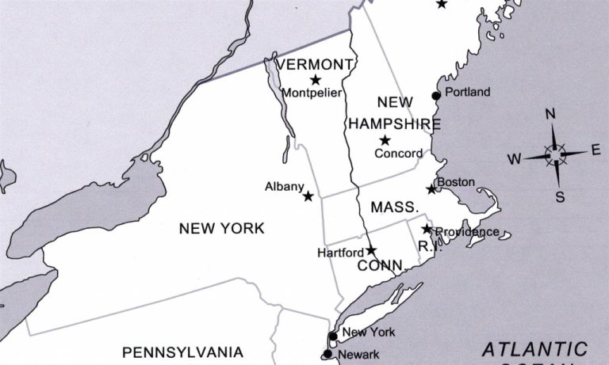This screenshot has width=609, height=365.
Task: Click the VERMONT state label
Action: pyautogui.click(x=314, y=64)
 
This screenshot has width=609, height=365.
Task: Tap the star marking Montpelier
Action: pyautogui.click(x=316, y=79)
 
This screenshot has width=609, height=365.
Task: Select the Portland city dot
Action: pyautogui.click(x=435, y=96)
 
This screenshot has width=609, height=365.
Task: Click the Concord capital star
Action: pyautogui.click(x=385, y=140)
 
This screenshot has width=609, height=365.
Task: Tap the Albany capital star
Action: pyautogui.click(x=308, y=196)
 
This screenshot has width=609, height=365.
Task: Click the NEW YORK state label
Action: pyautogui.click(x=221, y=229)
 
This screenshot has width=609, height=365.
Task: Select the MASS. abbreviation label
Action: pyautogui.click(x=394, y=207)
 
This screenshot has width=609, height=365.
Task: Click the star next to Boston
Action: pyautogui.click(x=431, y=189)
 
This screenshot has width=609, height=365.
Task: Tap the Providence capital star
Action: pyautogui.click(x=427, y=229)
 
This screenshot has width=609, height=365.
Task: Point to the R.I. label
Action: pyautogui.click(x=428, y=245)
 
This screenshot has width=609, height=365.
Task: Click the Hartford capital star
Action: pyautogui.click(x=371, y=250)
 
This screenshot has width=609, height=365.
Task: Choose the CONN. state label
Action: pyautogui.click(x=381, y=265)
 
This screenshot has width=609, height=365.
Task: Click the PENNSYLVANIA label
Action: pyautogui.click(x=183, y=352)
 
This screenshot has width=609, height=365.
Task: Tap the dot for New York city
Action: pyautogui.click(x=333, y=336)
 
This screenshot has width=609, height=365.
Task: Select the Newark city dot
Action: pyautogui.click(x=327, y=354)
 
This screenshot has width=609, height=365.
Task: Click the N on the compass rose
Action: pyautogui.click(x=550, y=114)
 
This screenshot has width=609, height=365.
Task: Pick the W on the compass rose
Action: pyautogui.click(x=515, y=159)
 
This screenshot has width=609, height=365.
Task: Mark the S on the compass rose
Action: pyautogui.click(x=559, y=196)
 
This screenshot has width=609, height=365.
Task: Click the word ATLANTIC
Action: pyautogui.click(x=535, y=349)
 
